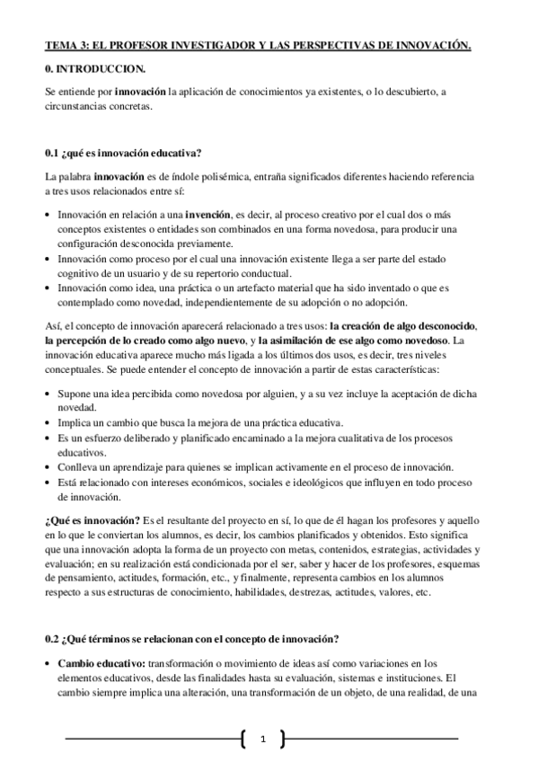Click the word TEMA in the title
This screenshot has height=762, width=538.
(58, 45)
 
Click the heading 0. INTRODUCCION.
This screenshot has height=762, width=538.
(93, 68)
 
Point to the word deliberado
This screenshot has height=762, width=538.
(127, 439)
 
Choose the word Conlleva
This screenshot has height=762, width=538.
(76, 466)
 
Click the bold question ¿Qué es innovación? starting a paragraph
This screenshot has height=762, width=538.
(92, 521)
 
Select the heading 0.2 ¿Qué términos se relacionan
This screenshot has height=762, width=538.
(191, 639)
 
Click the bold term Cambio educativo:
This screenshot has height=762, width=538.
(101, 663)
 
